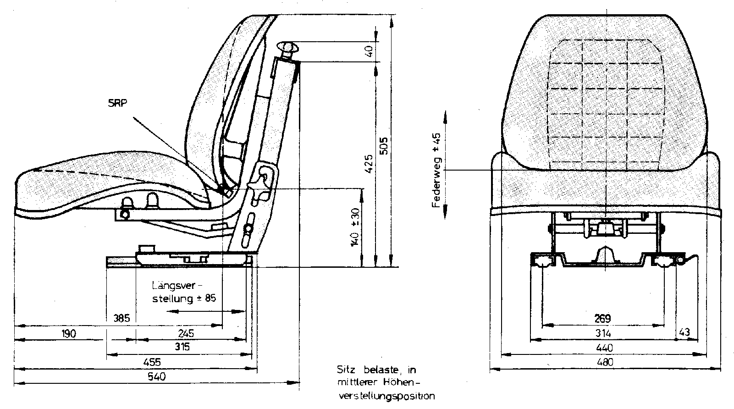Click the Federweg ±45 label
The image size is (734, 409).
(x=436, y=170)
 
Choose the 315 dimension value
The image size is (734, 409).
(x=182, y=347)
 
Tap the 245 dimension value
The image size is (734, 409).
(x=186, y=333)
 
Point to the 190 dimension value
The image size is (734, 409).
(x=69, y=333)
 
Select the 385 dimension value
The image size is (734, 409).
(x=121, y=318)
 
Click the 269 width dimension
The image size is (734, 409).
(x=602, y=318)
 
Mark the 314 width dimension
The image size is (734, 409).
(x=602, y=333)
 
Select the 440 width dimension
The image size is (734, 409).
(x=604, y=348)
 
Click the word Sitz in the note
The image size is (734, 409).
(x=346, y=370)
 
